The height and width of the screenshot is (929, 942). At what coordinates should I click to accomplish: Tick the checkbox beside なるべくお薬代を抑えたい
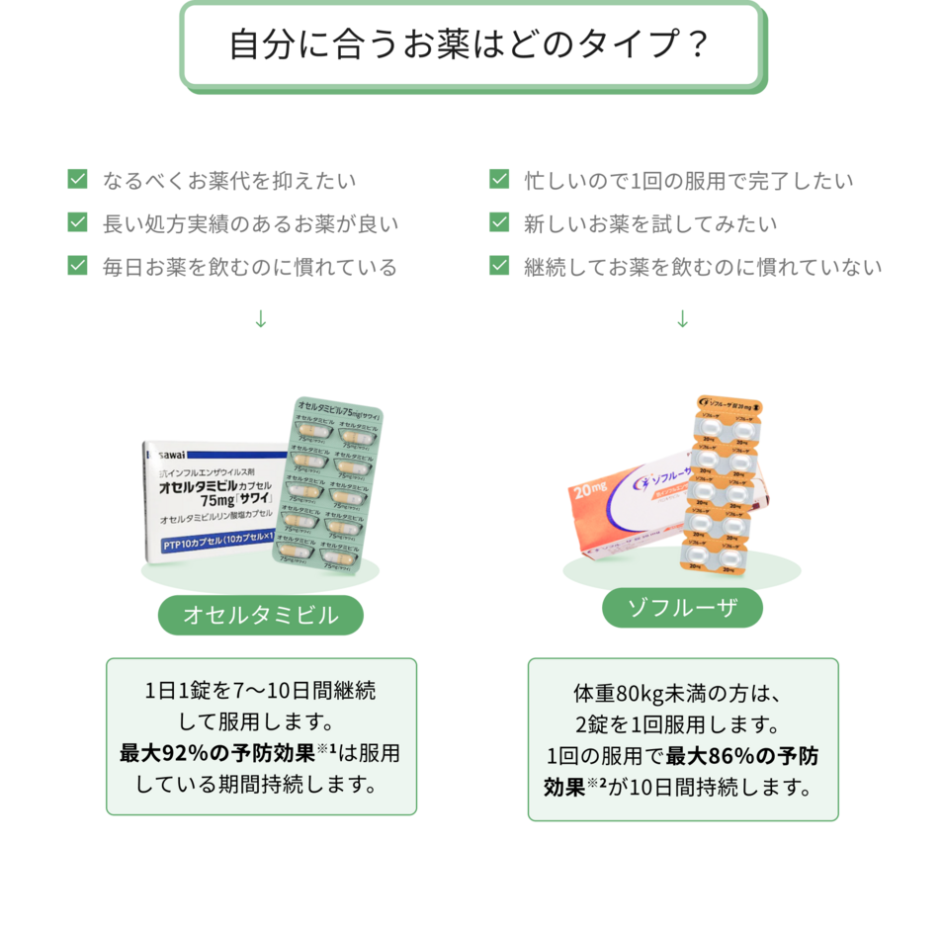[x=77, y=180]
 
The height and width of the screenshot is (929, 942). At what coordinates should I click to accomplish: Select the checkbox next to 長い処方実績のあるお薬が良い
[x=77, y=223]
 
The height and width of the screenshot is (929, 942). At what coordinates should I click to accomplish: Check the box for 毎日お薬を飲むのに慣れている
[x=77, y=266]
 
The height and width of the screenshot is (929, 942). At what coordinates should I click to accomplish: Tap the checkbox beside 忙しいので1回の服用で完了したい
[x=499, y=180]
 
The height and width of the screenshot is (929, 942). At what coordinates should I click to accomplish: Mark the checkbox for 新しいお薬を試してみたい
[x=499, y=223]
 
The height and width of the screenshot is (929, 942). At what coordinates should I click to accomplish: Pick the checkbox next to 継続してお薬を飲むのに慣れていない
[x=499, y=266]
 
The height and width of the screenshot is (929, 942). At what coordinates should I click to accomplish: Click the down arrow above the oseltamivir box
[x=261, y=319]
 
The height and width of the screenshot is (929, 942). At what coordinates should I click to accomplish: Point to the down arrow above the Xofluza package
[x=682, y=319]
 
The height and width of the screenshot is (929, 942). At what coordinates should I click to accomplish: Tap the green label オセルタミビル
[x=261, y=616]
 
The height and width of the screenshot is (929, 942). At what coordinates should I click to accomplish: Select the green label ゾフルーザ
[x=682, y=608]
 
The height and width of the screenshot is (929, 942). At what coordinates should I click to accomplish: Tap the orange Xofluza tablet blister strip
[x=720, y=484]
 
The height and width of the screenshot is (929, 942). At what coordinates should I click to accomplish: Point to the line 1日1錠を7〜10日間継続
[x=261, y=690]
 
